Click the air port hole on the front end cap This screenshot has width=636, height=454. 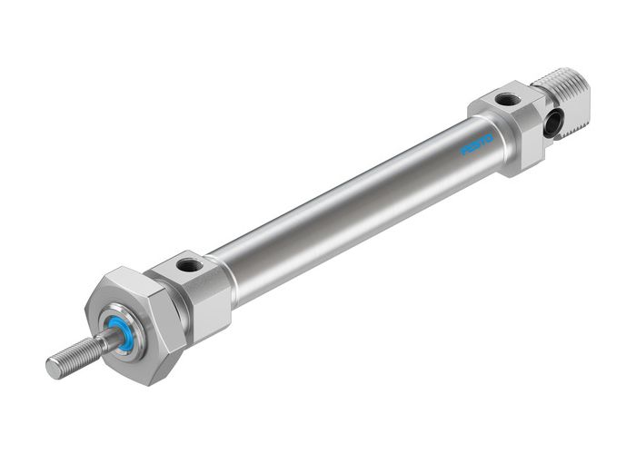tap(191, 266)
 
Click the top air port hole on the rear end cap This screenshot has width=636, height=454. tap(508, 98)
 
